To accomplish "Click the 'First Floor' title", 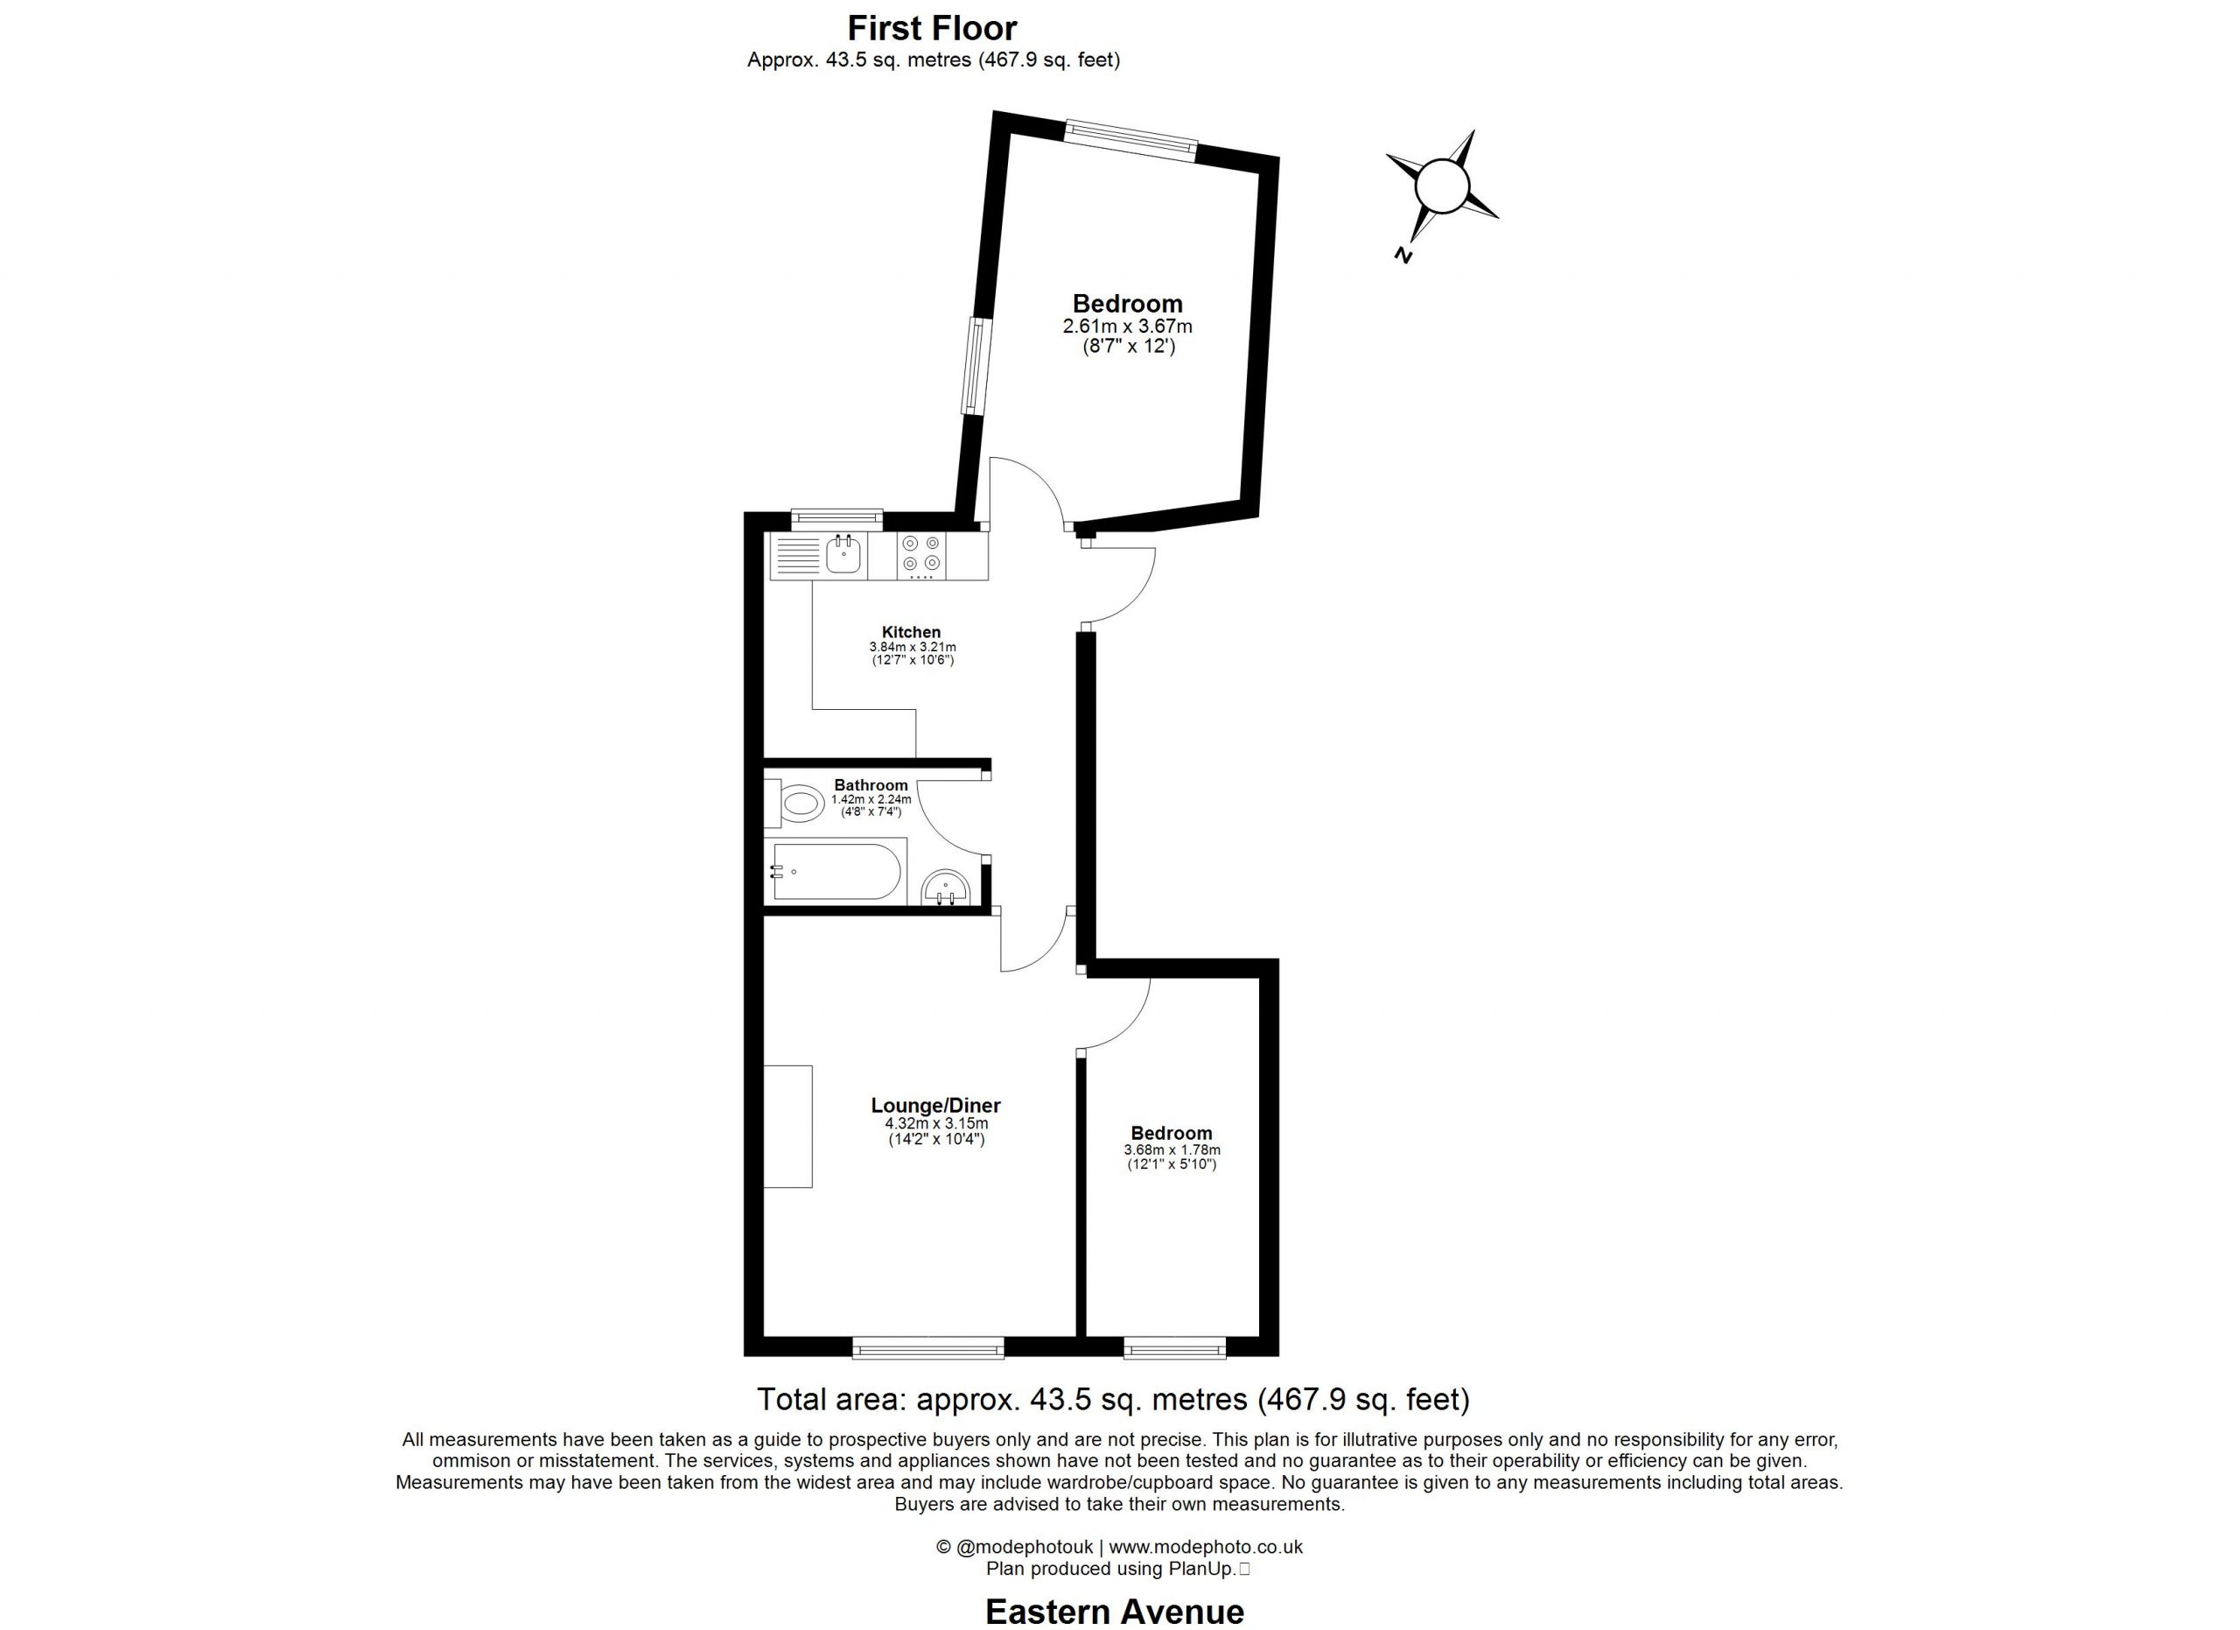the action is (933, 28).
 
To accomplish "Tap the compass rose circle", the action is (1442, 186).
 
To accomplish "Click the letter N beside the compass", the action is (1402, 255).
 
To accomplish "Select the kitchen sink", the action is (843, 555).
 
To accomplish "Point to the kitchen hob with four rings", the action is (920, 555).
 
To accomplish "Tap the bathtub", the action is (836, 870).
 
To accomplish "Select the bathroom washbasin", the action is (945, 889).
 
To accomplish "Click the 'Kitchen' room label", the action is (911, 632).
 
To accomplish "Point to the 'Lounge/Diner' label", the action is (935, 1106).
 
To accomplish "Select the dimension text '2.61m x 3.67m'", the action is (1127, 326).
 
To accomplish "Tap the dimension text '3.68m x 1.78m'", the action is (1172, 1150).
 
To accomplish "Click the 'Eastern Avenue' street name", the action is (1114, 1612).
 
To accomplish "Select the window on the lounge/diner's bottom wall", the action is (927, 1346).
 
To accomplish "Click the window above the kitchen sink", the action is (836, 516).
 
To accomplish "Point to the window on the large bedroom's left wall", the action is (975, 366).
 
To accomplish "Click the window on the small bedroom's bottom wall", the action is (1174, 1346).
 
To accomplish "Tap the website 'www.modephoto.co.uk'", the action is (1206, 1547).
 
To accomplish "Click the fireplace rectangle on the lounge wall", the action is (788, 1126).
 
